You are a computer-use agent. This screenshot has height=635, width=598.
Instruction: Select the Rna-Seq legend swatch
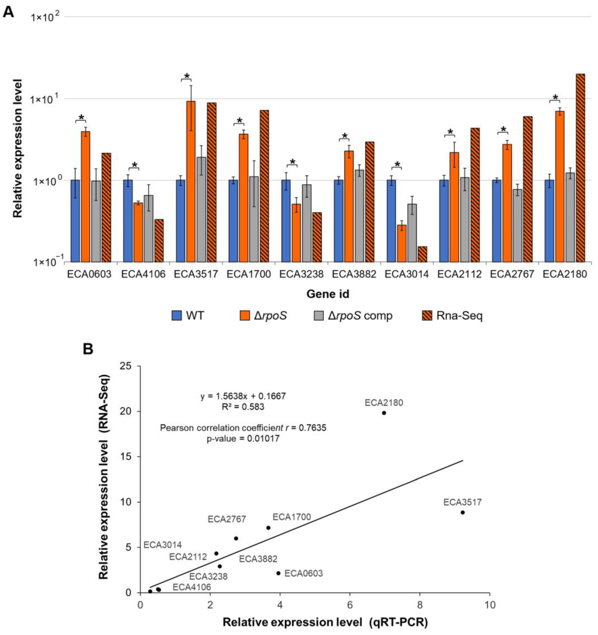(x=427, y=316)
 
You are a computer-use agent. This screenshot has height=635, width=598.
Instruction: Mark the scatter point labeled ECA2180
(x=384, y=413)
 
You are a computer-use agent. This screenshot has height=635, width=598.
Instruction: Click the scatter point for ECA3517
(x=462, y=512)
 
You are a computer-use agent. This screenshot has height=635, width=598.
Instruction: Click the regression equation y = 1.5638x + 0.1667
(x=243, y=396)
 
